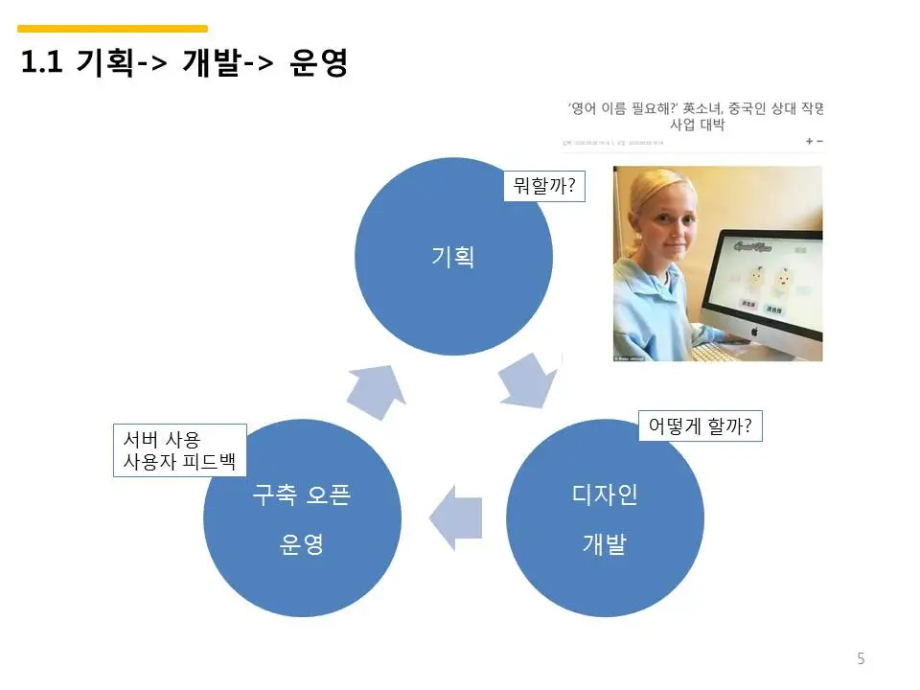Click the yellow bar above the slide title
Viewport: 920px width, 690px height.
click(x=112, y=29)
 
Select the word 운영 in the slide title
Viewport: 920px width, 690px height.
click(x=317, y=64)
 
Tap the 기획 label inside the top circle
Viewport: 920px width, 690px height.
click(x=453, y=257)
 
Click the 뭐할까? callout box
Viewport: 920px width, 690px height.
click(x=544, y=186)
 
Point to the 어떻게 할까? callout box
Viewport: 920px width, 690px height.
click(x=701, y=426)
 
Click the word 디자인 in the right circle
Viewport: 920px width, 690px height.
click(x=605, y=495)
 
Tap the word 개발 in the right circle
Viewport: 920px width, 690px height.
click(x=605, y=544)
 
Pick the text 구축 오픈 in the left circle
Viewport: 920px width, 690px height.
click(x=302, y=495)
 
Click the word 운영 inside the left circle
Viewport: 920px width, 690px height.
click(x=302, y=544)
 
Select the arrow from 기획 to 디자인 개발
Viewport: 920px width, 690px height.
click(x=528, y=380)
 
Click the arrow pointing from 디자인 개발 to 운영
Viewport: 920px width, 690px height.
click(x=455, y=518)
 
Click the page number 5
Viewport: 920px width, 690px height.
click(x=861, y=658)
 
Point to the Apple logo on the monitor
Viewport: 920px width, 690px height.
click(x=753, y=331)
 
